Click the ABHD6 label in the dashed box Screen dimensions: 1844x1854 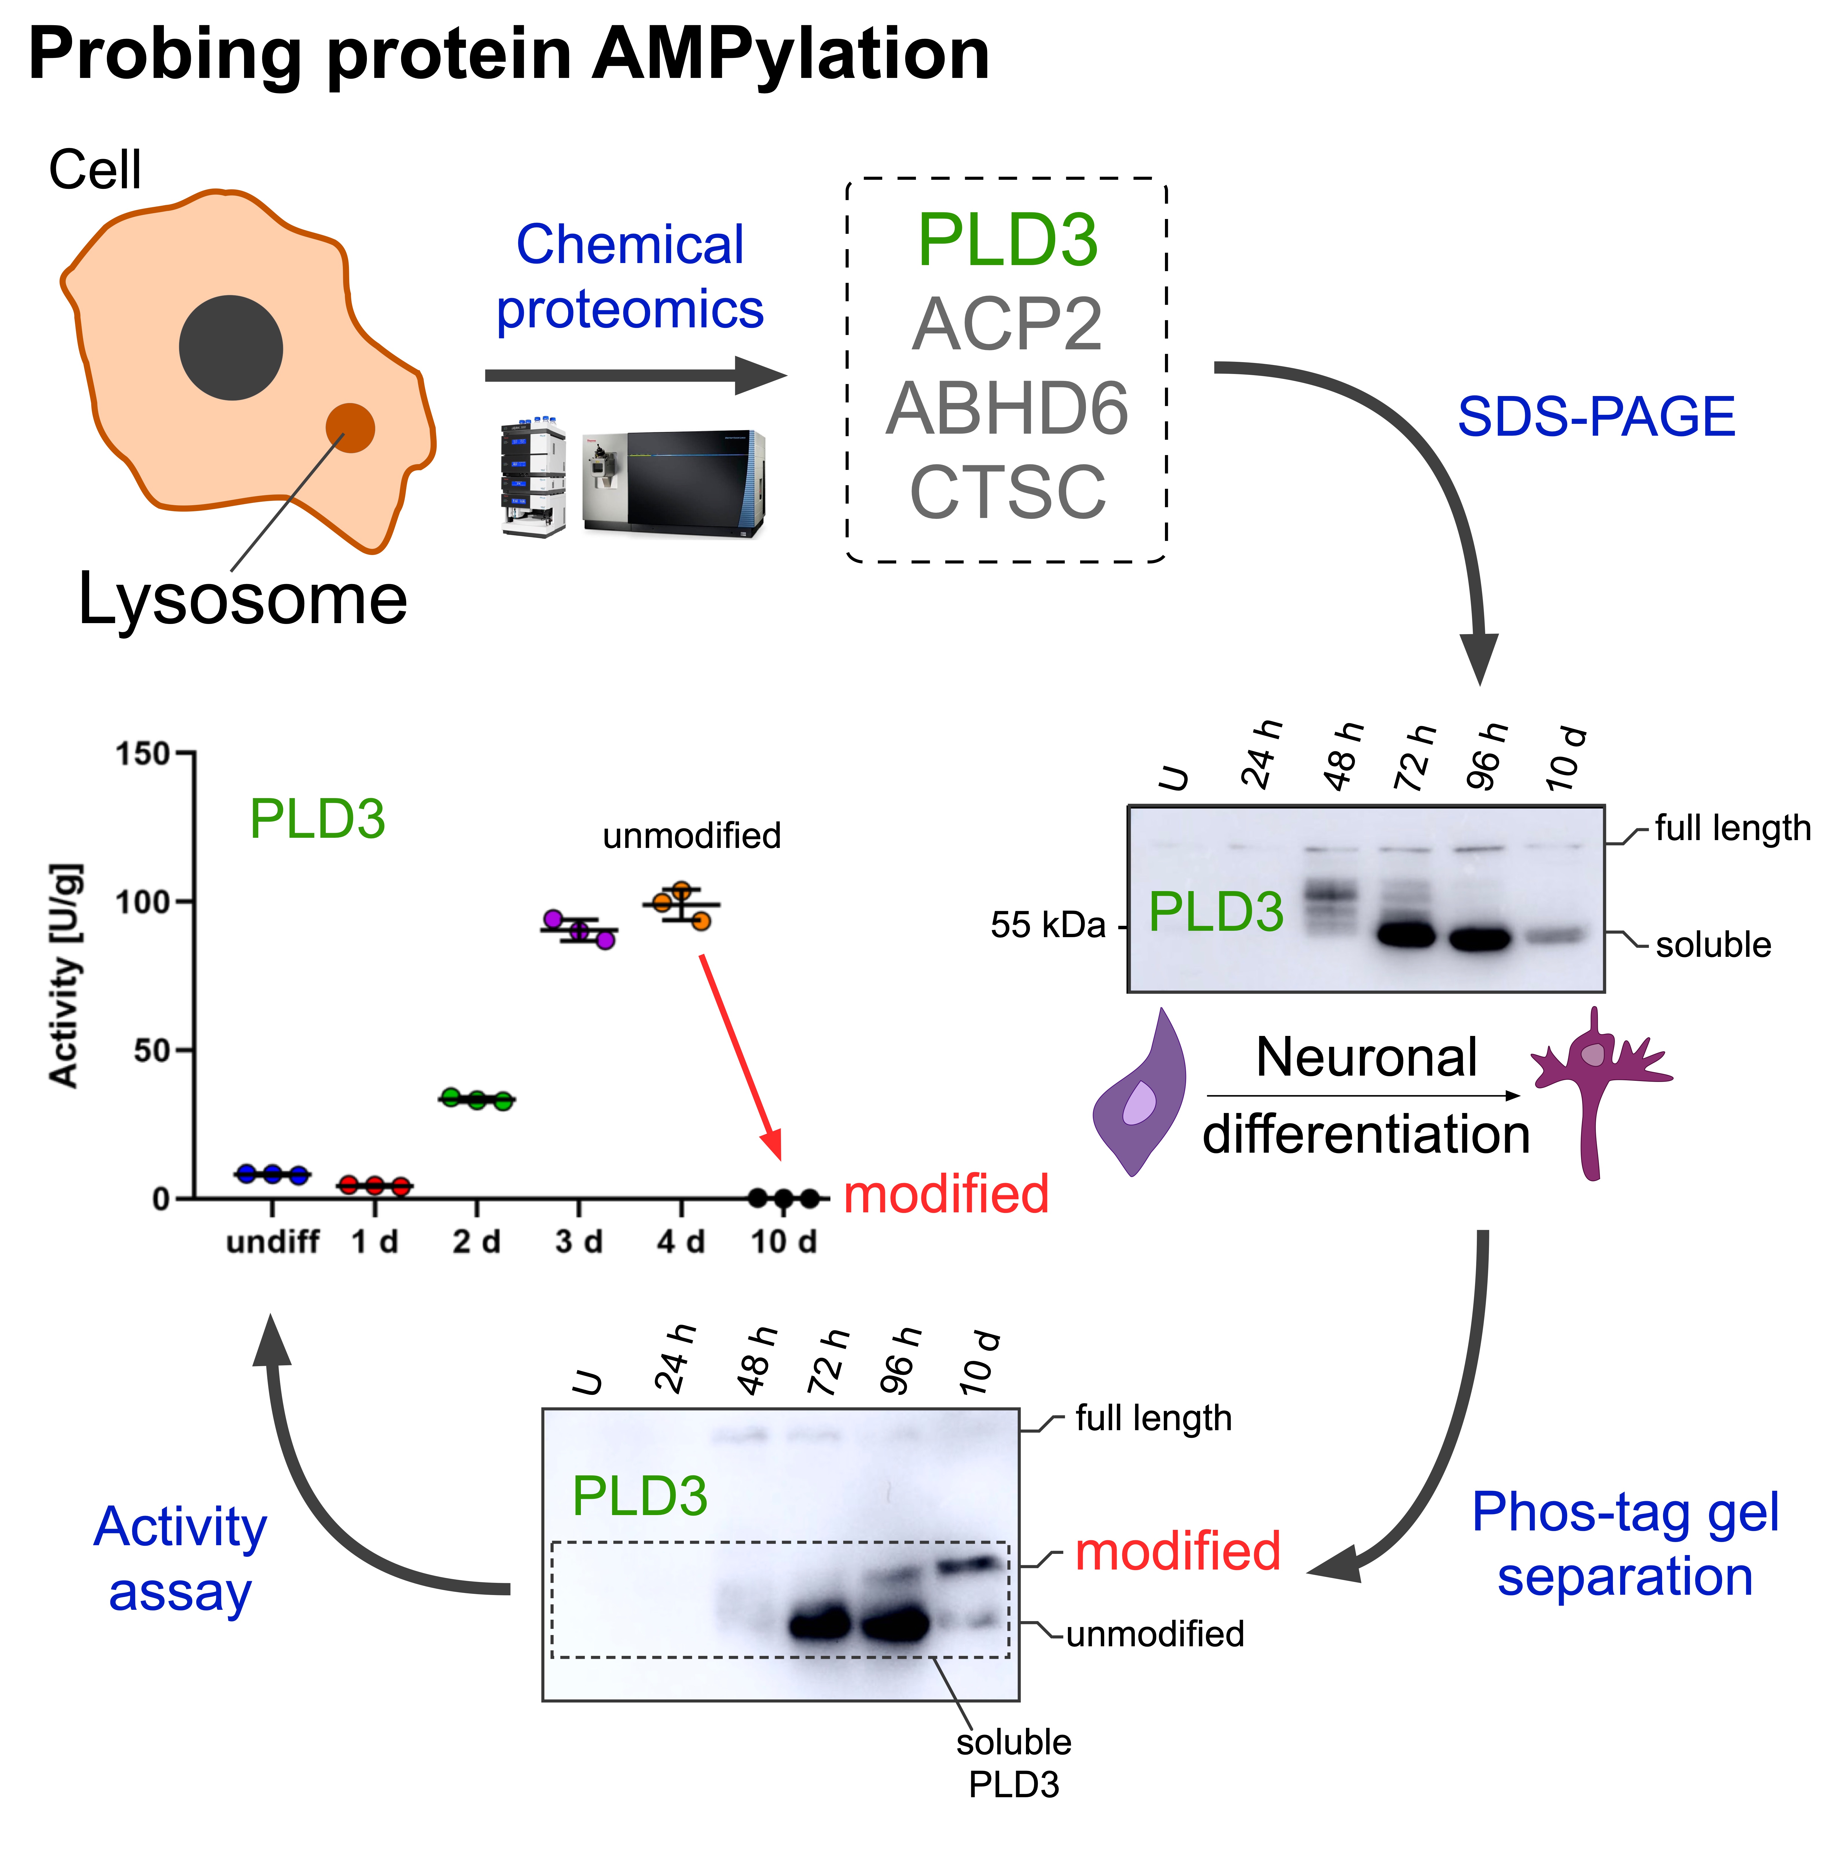click(x=1007, y=408)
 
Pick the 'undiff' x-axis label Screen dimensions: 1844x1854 click(x=272, y=1242)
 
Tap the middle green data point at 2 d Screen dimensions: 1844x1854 click(x=477, y=1100)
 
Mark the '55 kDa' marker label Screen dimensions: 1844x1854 click(x=1048, y=925)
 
